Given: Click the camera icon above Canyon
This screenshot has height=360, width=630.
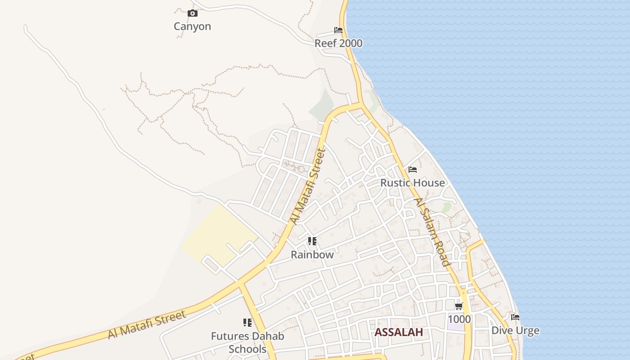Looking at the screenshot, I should pyautogui.click(x=193, y=13).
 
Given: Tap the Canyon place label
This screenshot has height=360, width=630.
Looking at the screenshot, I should pyautogui.click(x=192, y=27).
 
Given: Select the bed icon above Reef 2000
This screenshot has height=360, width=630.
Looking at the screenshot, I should pyautogui.click(x=338, y=30).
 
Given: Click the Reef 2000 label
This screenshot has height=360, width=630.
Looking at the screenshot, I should pyautogui.click(x=338, y=44).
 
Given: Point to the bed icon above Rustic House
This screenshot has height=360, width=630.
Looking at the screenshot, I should pyautogui.click(x=413, y=170).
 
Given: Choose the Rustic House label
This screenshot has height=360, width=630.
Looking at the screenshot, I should pyautogui.click(x=413, y=183).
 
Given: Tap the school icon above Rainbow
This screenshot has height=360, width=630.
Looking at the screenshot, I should pyautogui.click(x=312, y=241).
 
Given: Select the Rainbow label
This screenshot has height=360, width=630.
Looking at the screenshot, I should pyautogui.click(x=312, y=255).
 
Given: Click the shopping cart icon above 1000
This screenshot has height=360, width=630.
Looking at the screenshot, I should pyautogui.click(x=459, y=306).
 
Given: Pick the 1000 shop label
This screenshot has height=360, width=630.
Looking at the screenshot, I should pyautogui.click(x=459, y=319).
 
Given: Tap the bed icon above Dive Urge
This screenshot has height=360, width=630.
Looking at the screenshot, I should pyautogui.click(x=515, y=317).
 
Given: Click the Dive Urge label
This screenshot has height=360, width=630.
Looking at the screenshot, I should pyautogui.click(x=515, y=331).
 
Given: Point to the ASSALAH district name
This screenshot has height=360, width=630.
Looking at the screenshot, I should pyautogui.click(x=399, y=333).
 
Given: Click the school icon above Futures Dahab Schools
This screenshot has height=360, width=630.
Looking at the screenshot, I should pyautogui.click(x=247, y=323).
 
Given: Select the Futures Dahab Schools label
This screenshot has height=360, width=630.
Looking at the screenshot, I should pyautogui.click(x=247, y=342).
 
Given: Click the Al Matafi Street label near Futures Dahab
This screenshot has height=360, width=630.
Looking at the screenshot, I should pyautogui.click(x=147, y=325).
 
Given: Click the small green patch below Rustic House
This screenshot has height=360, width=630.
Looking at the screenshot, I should pyautogui.click(x=447, y=207).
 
